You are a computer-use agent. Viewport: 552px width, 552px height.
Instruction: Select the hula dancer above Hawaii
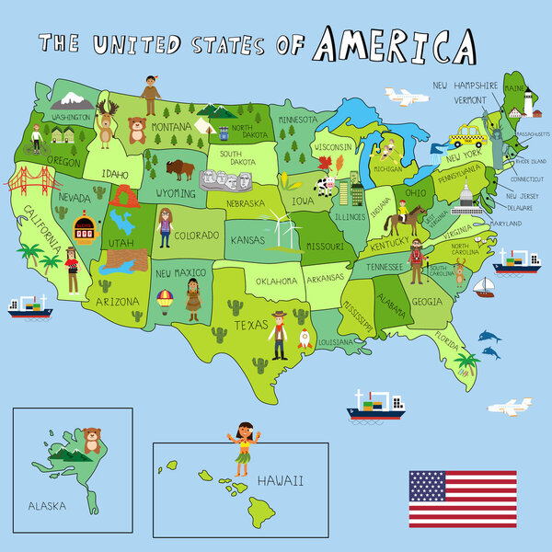[x=242, y=447]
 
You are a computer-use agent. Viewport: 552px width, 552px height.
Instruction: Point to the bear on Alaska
[x=91, y=441]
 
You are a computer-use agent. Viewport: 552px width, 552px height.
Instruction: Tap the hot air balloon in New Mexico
[x=164, y=301]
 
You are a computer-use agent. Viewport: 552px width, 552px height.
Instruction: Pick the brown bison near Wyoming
[x=180, y=168]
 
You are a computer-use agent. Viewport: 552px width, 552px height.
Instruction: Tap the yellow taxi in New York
[x=465, y=139]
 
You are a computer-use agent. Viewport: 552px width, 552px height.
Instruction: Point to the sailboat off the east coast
[x=483, y=288]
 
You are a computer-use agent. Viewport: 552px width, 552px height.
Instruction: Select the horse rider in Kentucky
[x=401, y=220]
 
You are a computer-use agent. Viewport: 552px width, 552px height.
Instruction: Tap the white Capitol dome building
[x=467, y=196]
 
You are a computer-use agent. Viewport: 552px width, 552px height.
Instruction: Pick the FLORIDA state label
[x=448, y=341]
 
